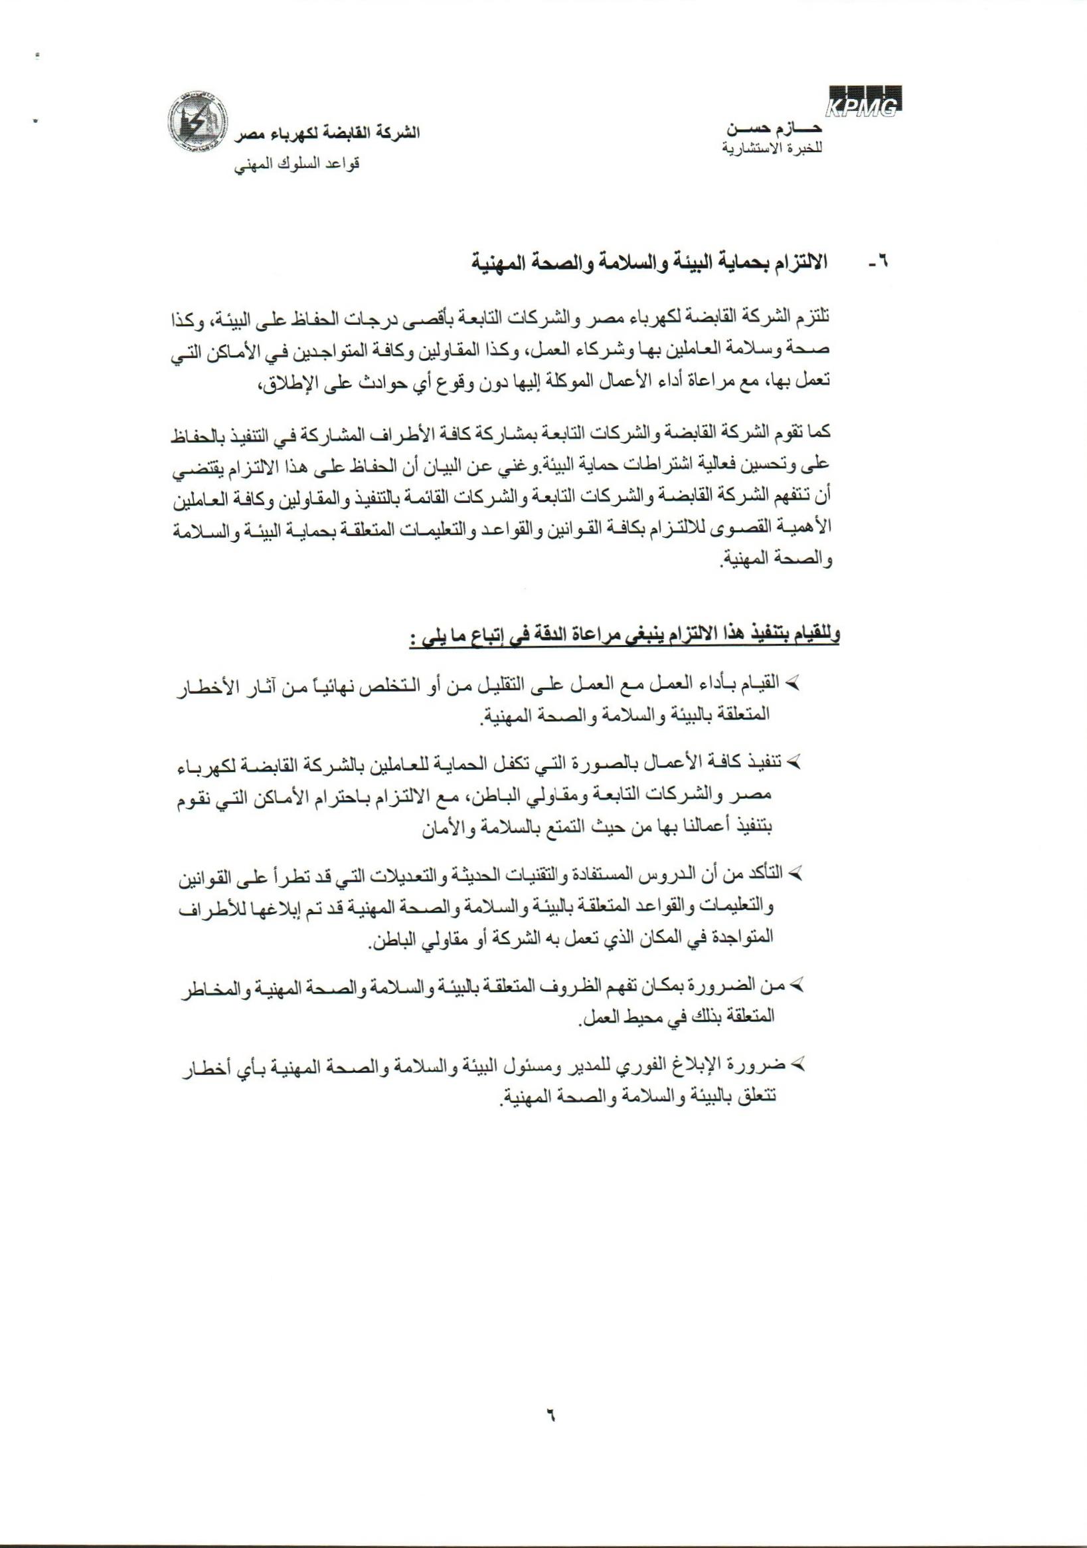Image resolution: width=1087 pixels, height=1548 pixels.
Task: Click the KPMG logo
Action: [865, 102]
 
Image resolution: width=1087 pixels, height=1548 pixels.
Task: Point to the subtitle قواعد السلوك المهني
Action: [297, 165]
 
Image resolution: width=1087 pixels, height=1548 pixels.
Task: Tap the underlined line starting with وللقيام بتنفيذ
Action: [624, 636]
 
